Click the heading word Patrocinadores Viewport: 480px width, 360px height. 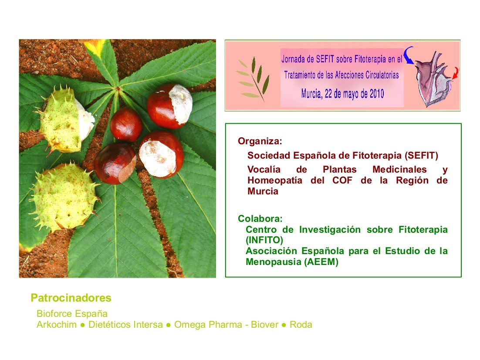71,298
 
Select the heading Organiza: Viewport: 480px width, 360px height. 260,141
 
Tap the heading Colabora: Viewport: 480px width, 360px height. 260,218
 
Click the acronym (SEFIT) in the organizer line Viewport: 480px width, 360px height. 421,156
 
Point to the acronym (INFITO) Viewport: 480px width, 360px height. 264,240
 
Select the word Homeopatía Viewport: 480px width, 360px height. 275,180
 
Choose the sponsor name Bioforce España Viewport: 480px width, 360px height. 72,314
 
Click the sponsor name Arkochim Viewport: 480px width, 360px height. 57,325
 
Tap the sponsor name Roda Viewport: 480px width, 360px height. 301,325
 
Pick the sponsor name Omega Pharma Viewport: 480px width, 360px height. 208,325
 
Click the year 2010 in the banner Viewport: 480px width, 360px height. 377,94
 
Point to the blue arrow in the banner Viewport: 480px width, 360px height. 408,55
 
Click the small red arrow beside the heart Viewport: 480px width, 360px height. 456,73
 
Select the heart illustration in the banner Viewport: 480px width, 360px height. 433,79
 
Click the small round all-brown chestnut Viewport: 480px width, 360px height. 126,124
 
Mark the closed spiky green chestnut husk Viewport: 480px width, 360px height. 65,197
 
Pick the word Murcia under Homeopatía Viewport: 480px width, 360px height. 263,191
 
